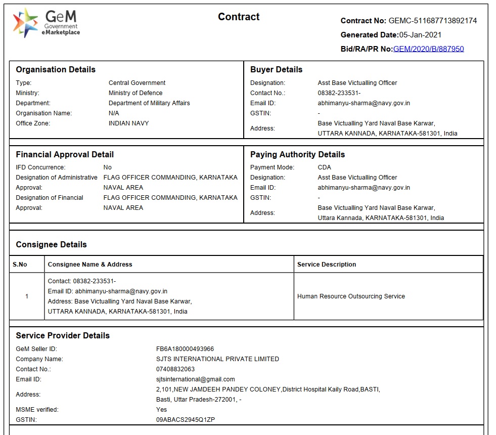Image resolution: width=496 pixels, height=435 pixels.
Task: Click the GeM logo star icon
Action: click(x=25, y=23)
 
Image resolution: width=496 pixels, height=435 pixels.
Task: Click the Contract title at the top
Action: click(x=239, y=17)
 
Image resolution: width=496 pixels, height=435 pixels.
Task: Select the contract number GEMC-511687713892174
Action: click(x=432, y=21)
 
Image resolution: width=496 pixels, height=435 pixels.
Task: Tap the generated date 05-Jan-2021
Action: click(x=420, y=35)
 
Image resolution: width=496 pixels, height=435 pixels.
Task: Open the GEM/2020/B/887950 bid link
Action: click(x=428, y=49)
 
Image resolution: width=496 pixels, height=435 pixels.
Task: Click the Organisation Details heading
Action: click(x=56, y=70)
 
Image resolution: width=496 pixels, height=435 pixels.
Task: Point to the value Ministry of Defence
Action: click(x=136, y=93)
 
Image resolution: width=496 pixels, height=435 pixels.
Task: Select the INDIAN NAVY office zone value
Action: click(x=128, y=123)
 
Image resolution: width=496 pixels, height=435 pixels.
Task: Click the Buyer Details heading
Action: click(x=276, y=70)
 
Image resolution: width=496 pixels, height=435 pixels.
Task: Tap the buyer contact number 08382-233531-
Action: click(x=339, y=93)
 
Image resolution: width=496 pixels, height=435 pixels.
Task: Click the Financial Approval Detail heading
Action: click(x=65, y=155)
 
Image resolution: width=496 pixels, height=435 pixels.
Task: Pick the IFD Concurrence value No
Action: click(x=107, y=167)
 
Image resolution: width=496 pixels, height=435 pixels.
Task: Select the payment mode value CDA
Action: click(x=324, y=167)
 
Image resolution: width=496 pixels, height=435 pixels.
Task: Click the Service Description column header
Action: click(x=327, y=265)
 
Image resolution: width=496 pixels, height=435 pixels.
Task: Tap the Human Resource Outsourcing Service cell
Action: click(x=351, y=296)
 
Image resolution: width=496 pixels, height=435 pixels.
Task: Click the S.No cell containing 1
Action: click(x=27, y=296)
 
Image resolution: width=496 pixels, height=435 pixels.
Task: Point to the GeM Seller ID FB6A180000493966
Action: click(x=185, y=349)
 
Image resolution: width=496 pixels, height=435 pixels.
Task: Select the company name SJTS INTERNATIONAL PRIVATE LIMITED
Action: click(x=217, y=359)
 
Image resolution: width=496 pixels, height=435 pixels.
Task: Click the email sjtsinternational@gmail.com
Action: click(x=196, y=379)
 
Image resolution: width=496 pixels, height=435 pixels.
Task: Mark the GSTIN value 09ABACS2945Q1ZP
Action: click(x=186, y=420)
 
